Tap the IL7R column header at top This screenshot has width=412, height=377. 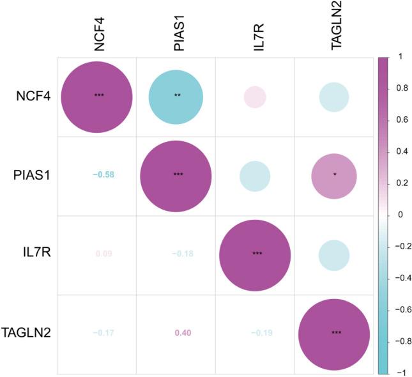tap(255, 35)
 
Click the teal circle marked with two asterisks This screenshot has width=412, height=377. tap(176, 97)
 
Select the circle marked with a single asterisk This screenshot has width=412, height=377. tap(333, 175)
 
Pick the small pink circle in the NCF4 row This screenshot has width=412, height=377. tap(255, 97)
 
